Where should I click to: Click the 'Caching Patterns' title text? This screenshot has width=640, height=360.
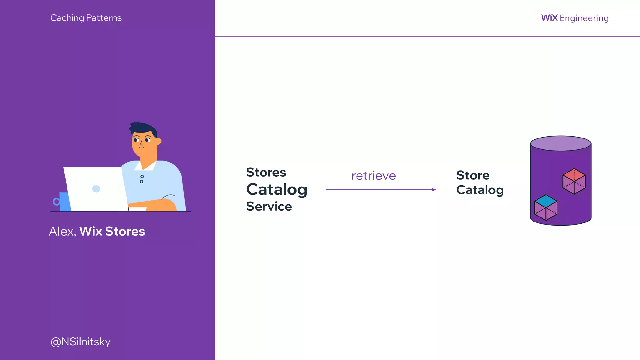pyautogui.click(x=86, y=18)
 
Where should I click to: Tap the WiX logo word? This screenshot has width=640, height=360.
pyautogui.click(x=549, y=18)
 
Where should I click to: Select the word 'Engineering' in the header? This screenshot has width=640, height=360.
pyautogui.click(x=584, y=18)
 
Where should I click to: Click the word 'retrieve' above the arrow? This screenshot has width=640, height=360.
pyautogui.click(x=373, y=176)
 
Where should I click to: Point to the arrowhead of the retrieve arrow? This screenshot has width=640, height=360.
pyautogui.click(x=434, y=190)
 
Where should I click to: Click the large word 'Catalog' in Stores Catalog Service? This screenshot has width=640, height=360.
pyautogui.click(x=277, y=190)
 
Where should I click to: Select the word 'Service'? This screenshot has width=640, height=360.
pyautogui.click(x=269, y=207)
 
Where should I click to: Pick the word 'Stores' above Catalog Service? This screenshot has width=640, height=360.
pyautogui.click(x=266, y=172)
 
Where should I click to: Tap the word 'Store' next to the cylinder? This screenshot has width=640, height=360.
pyautogui.click(x=473, y=176)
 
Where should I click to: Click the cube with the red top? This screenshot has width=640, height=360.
pyautogui.click(x=574, y=181)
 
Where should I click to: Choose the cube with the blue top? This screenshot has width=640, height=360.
pyautogui.click(x=546, y=207)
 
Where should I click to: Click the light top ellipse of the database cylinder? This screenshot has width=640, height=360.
pyautogui.click(x=561, y=143)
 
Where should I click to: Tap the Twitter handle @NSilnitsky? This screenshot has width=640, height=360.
pyautogui.click(x=80, y=342)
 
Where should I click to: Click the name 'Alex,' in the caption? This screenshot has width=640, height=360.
pyautogui.click(x=62, y=232)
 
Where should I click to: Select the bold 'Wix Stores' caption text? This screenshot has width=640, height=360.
pyautogui.click(x=112, y=232)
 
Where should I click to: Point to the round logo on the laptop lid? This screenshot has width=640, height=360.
pyautogui.click(x=96, y=189)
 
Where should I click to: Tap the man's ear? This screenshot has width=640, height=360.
pyautogui.click(x=158, y=142)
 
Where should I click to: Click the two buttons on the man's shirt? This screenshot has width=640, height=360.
pyautogui.click(x=142, y=179)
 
